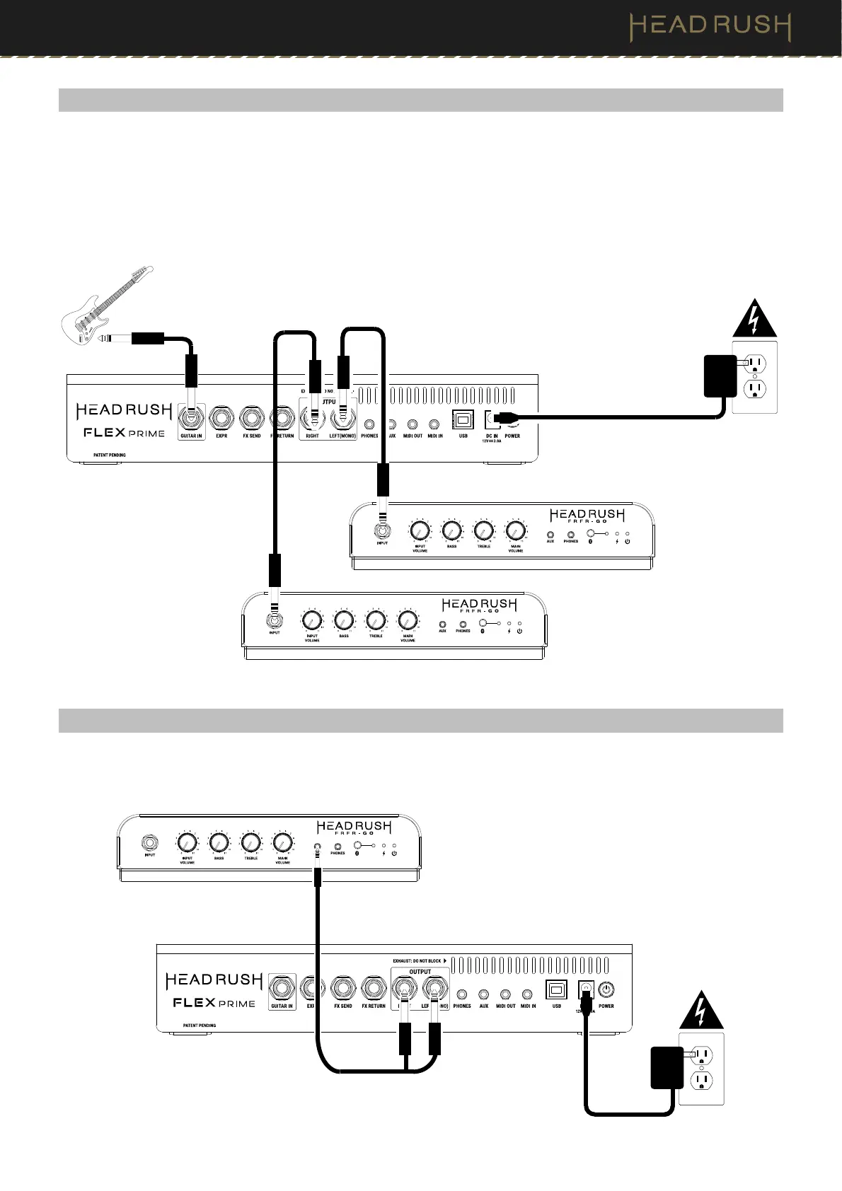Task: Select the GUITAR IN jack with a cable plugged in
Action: click(191, 419)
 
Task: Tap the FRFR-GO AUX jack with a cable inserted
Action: click(317, 846)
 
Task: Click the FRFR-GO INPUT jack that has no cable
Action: click(150, 843)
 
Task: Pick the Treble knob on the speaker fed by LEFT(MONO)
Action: click(483, 530)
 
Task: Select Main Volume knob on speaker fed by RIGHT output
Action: click(407, 620)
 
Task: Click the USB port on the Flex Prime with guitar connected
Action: click(463, 420)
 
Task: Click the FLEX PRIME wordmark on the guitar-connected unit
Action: click(125, 433)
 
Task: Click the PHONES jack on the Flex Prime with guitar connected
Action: click(369, 425)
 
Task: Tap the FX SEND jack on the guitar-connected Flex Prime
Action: click(251, 419)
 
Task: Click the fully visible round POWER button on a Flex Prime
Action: click(606, 990)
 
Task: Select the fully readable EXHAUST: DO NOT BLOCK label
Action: click(417, 961)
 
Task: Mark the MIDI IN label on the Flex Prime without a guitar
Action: click(528, 1006)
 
